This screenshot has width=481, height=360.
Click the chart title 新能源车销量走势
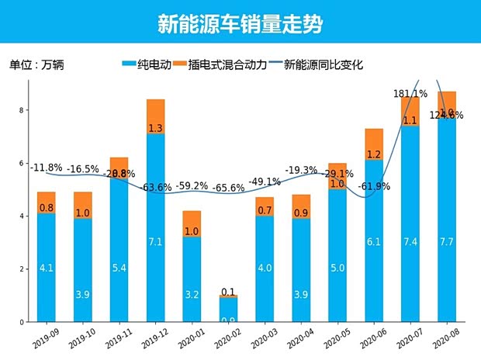click(x=240, y=23)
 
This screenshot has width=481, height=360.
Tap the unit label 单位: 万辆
click(x=36, y=64)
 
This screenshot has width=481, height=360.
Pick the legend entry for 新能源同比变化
click(x=315, y=64)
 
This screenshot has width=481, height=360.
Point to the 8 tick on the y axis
click(x=24, y=110)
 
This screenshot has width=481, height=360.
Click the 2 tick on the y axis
click(x=24, y=269)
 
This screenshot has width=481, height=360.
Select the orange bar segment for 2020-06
click(x=374, y=144)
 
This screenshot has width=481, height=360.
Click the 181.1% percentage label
click(x=410, y=94)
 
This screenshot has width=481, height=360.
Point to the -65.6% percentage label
click(x=229, y=188)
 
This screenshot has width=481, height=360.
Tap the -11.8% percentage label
click(x=46, y=167)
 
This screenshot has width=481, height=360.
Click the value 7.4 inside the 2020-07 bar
click(x=410, y=243)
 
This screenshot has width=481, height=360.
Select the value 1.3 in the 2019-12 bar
click(x=155, y=128)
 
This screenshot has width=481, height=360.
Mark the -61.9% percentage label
click(x=374, y=186)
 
